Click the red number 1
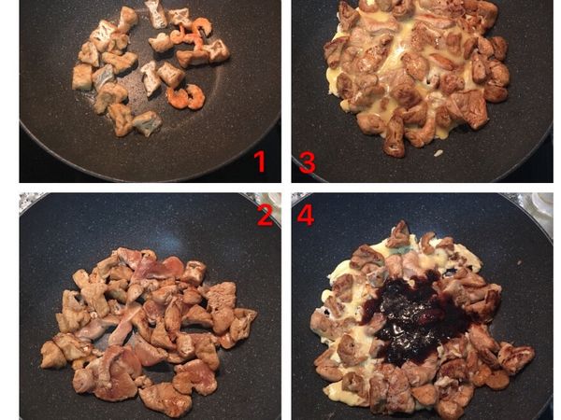coord(259,161)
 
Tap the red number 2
coord(266,215)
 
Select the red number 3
coord(308,162)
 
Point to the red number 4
coord(306,215)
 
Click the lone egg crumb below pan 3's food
coord(438,153)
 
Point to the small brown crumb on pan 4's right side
coord(518,262)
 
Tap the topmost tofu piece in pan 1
coord(156,14)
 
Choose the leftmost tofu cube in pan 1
coord(82,77)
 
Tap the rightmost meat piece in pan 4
coord(516,357)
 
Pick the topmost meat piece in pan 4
coord(399,234)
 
